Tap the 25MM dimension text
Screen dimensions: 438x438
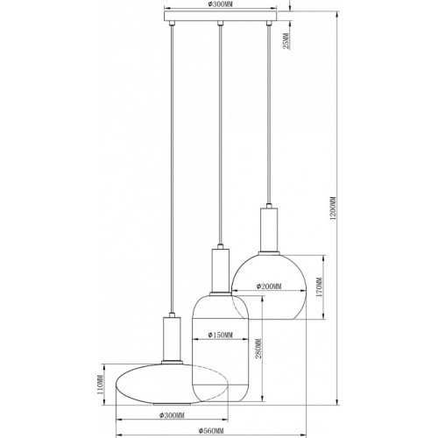[286, 41]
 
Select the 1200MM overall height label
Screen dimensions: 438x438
[333, 208]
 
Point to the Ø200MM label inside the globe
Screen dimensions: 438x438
[269, 286]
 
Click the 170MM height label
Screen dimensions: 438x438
[319, 287]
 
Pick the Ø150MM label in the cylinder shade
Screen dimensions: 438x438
[221, 335]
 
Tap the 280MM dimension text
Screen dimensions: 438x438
[258, 349]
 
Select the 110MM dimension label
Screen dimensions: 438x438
[100, 385]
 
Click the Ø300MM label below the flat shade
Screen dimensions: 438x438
[172, 415]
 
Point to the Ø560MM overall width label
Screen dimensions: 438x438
[211, 431]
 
